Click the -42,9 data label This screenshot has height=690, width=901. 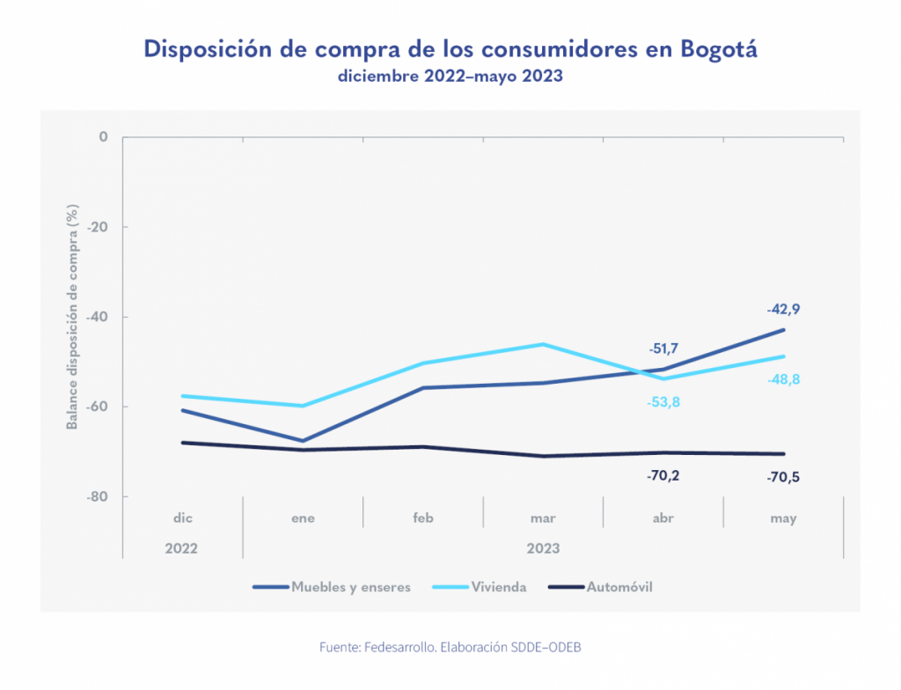[x=783, y=310]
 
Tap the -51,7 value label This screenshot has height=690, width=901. [x=663, y=349]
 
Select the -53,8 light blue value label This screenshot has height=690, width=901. [x=663, y=403]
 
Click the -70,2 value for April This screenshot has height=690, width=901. [x=663, y=476]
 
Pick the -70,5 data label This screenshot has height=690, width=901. [x=783, y=478]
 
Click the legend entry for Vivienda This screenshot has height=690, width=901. [x=498, y=587]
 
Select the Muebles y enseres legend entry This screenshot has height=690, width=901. [x=350, y=587]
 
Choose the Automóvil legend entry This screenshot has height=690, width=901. [x=619, y=587]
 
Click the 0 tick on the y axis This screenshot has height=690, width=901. [x=103, y=137]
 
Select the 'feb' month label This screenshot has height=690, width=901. [x=423, y=518]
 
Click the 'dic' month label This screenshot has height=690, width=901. [x=183, y=518]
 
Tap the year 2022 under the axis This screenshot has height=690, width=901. [x=181, y=547]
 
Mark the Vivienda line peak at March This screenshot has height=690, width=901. [x=543, y=344]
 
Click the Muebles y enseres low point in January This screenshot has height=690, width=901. [x=303, y=441]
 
